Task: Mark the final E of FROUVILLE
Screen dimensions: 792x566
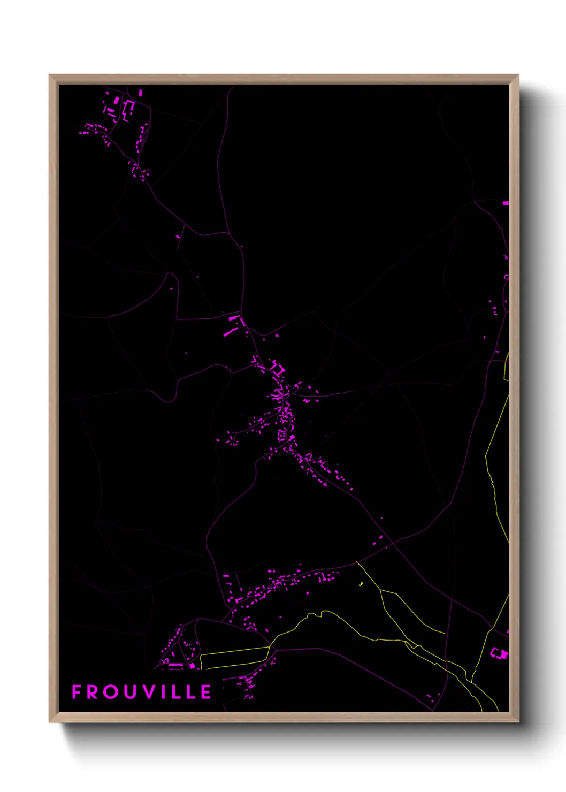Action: point(205,692)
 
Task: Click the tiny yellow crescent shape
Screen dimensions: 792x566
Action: point(362,583)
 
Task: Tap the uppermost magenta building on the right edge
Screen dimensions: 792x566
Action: point(506,203)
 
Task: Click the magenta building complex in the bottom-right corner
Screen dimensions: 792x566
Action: point(500,653)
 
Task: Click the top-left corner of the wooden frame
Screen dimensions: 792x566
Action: point(50,75)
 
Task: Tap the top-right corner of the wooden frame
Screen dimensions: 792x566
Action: point(518,75)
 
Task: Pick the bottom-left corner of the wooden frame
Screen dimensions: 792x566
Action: point(50,721)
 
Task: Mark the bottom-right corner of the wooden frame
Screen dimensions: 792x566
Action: point(518,721)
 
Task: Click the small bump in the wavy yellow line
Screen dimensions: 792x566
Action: point(323,613)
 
